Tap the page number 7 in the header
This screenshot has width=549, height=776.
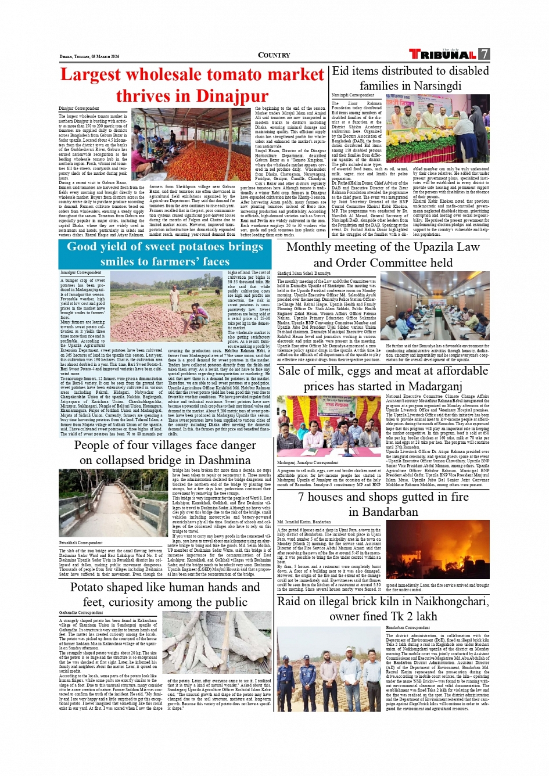coord(485,54)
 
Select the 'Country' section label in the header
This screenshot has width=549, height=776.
coord(274,55)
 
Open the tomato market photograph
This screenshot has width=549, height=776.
coord(192,143)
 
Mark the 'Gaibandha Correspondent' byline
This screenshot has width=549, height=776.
coord(81,612)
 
